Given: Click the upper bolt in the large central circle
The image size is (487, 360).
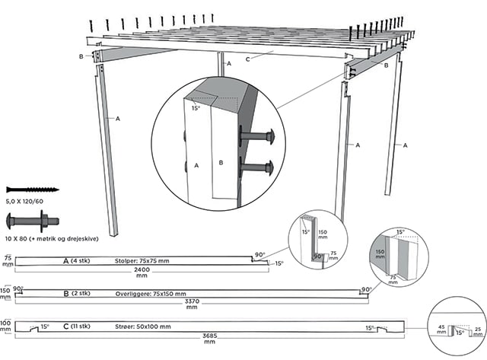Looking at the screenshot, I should pyautogui.click(x=260, y=138).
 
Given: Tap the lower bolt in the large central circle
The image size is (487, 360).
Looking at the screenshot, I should pyautogui.click(x=260, y=167).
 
